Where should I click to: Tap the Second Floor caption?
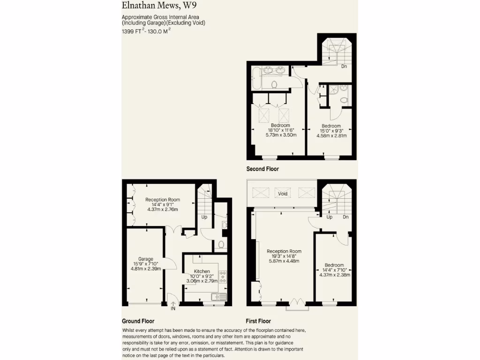coord(262,169)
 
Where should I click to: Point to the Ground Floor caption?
coord(138,321)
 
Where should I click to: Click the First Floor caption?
coord(258,321)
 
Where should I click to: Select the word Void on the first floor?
coord(283,194)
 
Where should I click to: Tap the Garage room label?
coord(145,259)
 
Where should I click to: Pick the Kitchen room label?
coord(202,271)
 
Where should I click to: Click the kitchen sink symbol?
coord(219,296)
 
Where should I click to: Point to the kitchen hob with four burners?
coord(223,277)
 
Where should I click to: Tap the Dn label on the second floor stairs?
coord(344,67)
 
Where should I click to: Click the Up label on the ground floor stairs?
coord(204,217)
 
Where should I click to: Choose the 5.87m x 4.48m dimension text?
coord(284,262)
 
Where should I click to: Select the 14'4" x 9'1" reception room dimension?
coord(163,204)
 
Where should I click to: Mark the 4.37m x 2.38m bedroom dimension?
coord(335,275)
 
